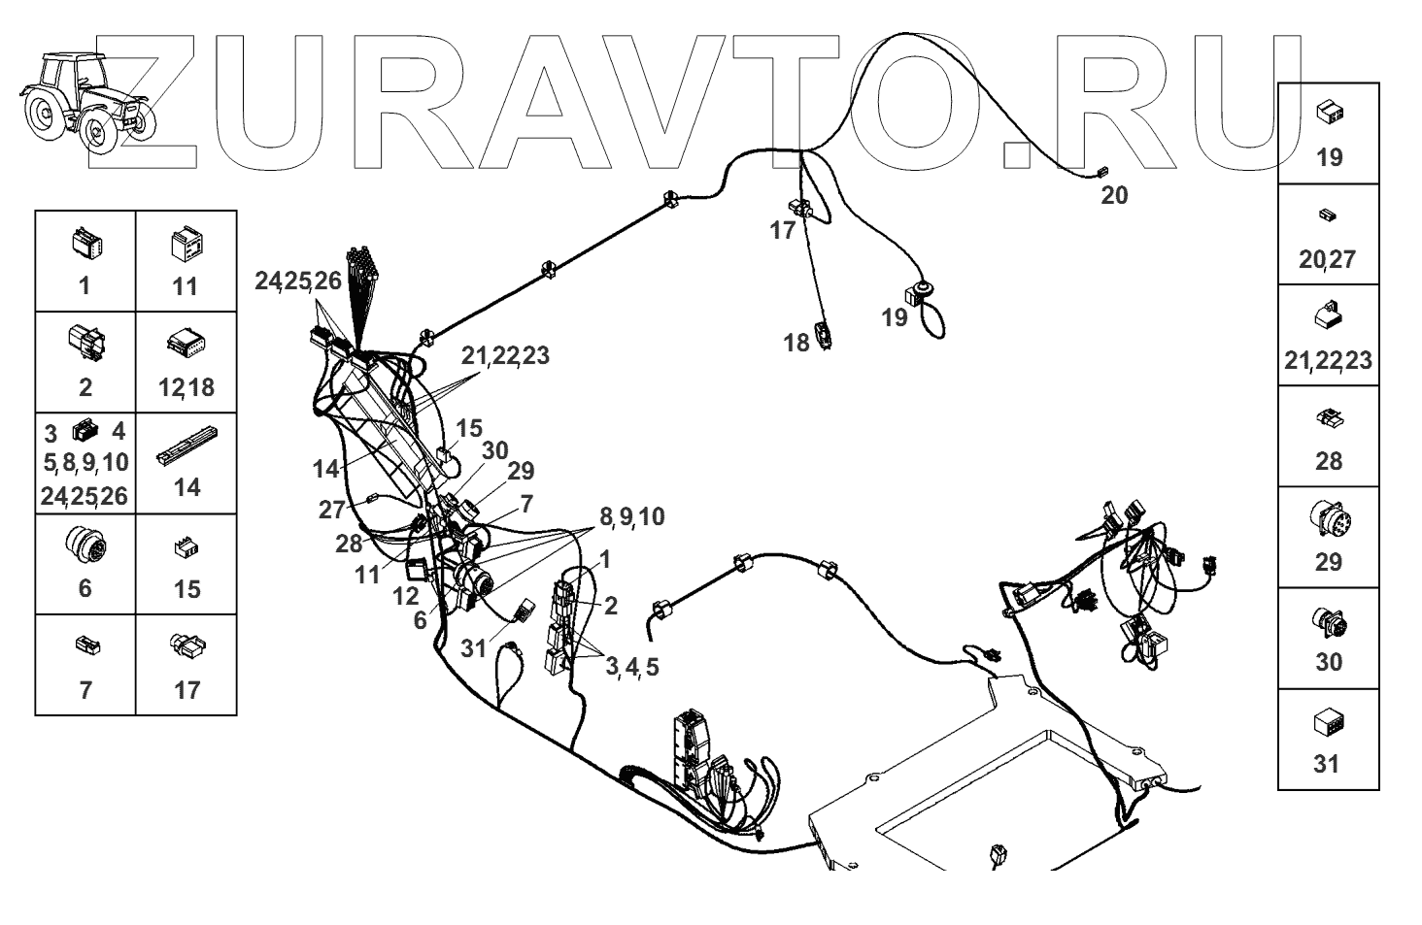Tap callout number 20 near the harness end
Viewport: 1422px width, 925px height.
coord(1114,195)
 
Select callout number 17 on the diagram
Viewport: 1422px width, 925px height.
coord(782,231)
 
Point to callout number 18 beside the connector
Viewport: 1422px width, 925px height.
coord(796,343)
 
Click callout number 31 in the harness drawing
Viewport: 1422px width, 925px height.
coord(473,648)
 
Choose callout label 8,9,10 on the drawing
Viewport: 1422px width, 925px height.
coord(631,517)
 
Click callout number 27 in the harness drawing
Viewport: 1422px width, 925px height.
coord(332,510)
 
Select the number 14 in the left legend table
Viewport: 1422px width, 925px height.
coord(186,486)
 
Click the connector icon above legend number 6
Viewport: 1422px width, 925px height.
coord(85,545)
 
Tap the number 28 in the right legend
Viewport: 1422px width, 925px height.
coord(1328,461)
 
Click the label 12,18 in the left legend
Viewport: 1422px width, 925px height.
coord(186,387)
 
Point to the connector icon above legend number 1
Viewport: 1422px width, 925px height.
coord(85,244)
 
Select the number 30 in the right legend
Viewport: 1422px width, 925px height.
coord(1328,662)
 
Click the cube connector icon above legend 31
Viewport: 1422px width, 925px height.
coord(1328,723)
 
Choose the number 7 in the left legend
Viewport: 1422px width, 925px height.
coord(85,690)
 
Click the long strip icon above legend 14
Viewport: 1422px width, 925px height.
coord(186,446)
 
